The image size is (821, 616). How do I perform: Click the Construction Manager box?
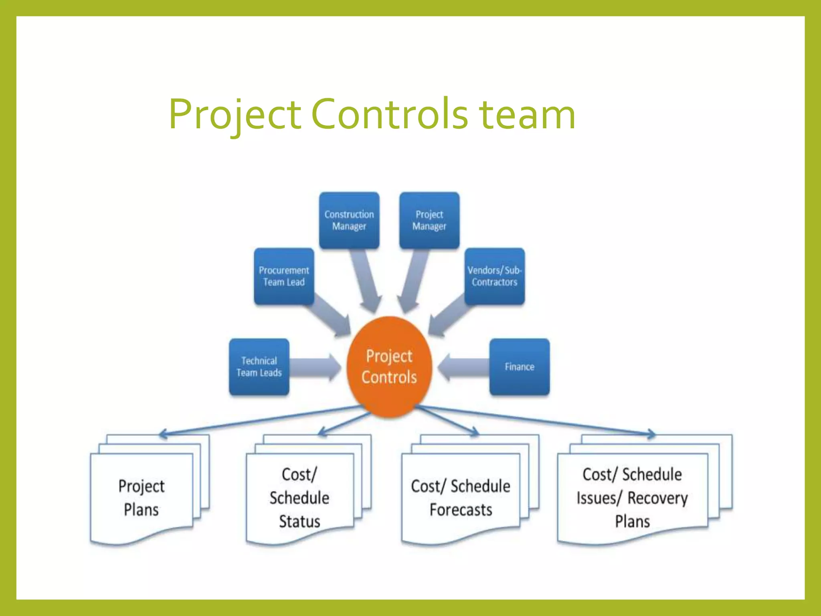point(349,220)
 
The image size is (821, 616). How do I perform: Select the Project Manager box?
point(429,220)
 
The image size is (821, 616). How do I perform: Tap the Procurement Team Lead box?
point(284,276)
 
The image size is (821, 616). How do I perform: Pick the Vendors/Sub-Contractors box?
point(494,276)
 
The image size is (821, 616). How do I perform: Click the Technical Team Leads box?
point(259,367)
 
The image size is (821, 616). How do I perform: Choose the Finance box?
point(519,367)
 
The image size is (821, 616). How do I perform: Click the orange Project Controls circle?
point(389,367)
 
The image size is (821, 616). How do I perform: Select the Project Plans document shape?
point(142,498)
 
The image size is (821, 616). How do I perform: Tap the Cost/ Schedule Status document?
point(299,498)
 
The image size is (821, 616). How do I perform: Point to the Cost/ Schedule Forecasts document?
point(461,498)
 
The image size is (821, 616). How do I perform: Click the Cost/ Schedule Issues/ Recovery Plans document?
point(632,498)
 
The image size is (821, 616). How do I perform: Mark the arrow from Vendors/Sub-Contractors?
point(447,315)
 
